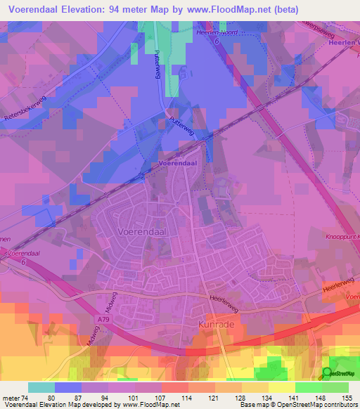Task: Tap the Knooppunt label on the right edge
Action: click(x=342, y=237)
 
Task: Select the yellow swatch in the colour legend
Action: click(x=281, y=387)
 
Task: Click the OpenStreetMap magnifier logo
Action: click(x=327, y=373)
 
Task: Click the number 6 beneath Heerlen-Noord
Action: click(x=217, y=42)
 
